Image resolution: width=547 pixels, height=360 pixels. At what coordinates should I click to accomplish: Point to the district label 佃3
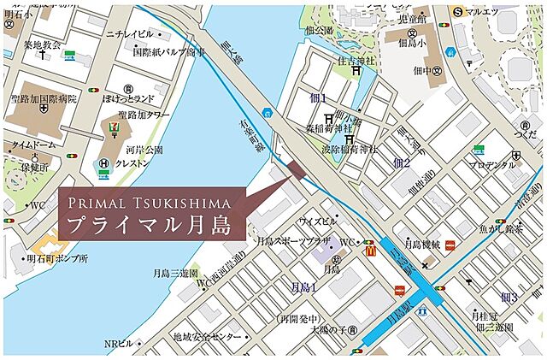(509, 298)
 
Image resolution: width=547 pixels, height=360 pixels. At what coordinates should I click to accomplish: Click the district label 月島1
(303, 288)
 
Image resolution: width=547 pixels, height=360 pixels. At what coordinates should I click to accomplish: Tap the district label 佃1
(319, 99)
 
